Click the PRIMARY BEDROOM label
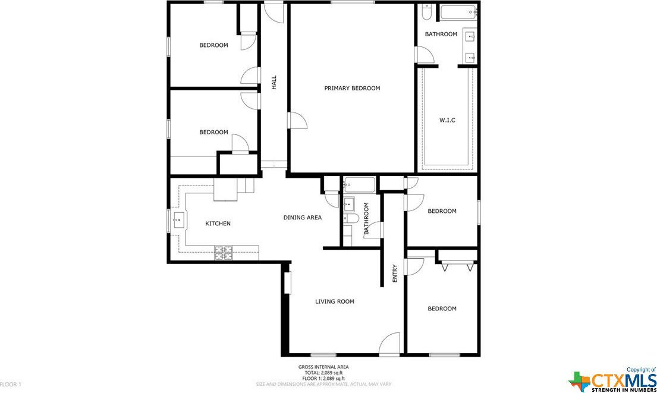(352, 88)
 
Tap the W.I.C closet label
(447, 120)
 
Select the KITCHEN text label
(218, 224)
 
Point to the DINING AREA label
(303, 218)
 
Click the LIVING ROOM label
(334, 301)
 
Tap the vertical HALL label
(274, 83)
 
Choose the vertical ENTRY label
(395, 273)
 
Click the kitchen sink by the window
(179, 220)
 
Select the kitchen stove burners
(224, 253)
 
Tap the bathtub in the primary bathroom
(458, 12)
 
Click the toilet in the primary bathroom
(426, 12)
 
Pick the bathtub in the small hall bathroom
(360, 184)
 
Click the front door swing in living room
(389, 344)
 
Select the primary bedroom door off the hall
(297, 120)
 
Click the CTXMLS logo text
(623, 381)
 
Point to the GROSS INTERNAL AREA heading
(323, 367)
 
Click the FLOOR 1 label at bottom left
(11, 383)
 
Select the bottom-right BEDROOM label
(442, 309)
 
